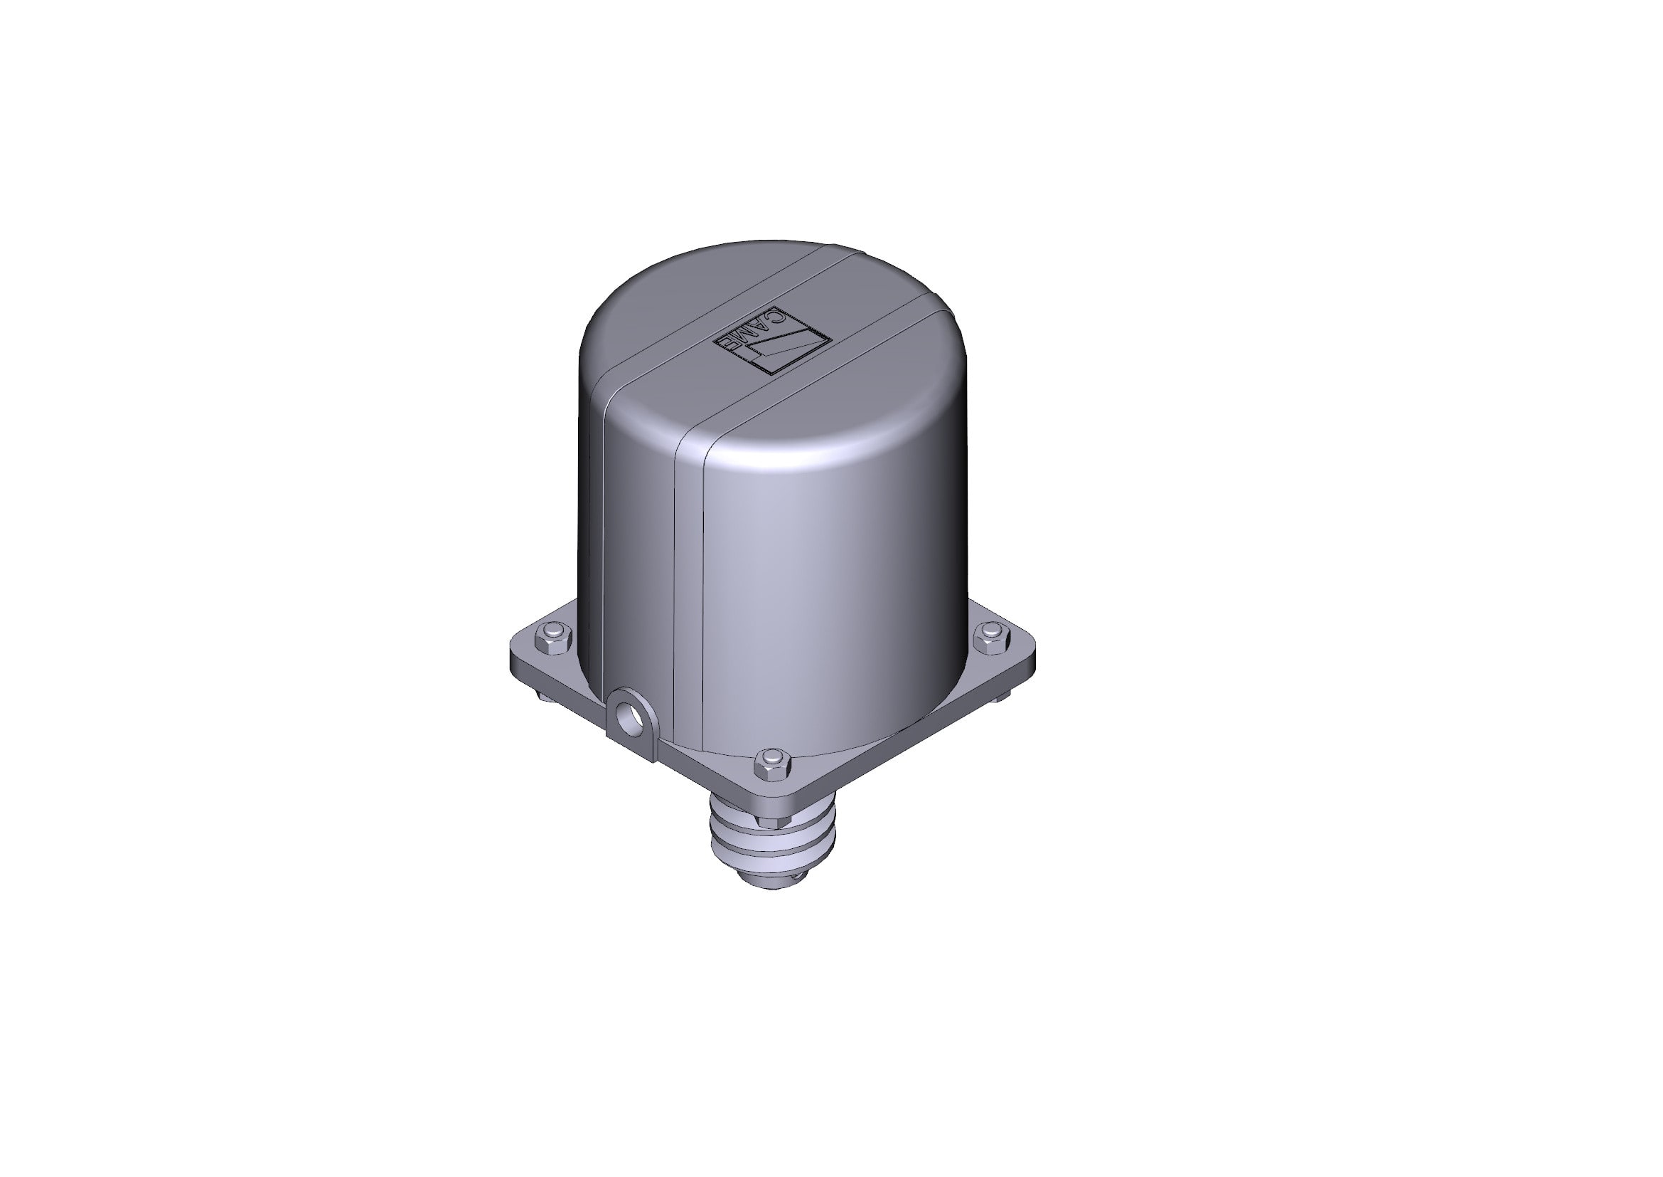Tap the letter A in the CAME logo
tap(761, 324)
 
